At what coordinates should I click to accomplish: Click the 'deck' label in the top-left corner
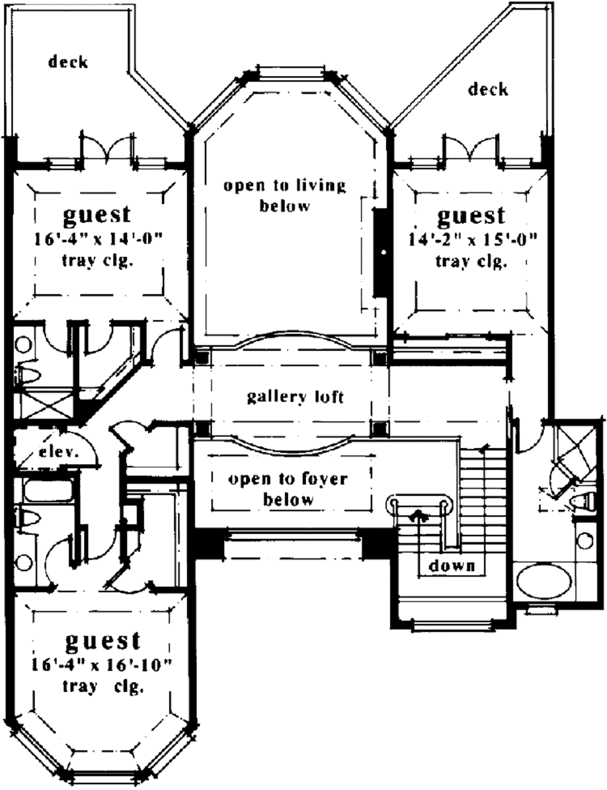(68, 62)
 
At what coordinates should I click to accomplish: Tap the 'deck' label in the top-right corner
(488, 90)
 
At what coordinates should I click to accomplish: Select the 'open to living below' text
(285, 195)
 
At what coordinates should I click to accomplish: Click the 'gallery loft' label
(295, 396)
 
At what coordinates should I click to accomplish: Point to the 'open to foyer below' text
(288, 488)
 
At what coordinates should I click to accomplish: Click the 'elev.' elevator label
(59, 452)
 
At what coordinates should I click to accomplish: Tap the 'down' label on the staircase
(452, 565)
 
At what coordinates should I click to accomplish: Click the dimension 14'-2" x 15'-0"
(472, 240)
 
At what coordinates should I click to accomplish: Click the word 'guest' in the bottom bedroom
(103, 642)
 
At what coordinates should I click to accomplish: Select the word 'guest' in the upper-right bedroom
(471, 216)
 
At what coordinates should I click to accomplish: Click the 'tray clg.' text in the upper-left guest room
(96, 261)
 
